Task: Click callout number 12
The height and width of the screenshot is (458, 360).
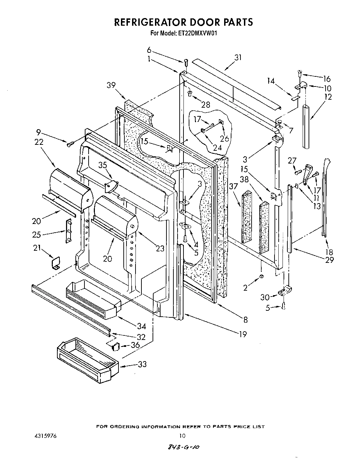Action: [328, 97]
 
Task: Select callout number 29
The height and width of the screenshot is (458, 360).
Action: [329, 260]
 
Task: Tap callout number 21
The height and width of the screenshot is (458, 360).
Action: [37, 248]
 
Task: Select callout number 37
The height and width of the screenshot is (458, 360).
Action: [233, 186]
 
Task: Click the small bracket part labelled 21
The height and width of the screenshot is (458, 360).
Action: [55, 263]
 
